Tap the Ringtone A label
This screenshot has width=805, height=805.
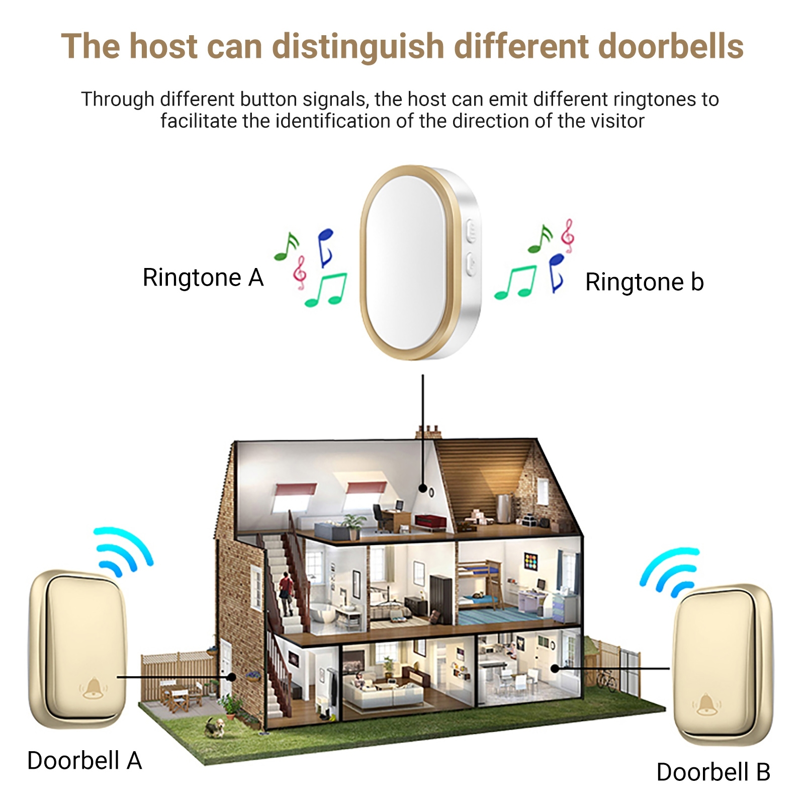[203, 278]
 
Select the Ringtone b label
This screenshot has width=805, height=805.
[644, 282]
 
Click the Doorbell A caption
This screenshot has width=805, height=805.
[84, 760]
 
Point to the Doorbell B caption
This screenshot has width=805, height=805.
[713, 772]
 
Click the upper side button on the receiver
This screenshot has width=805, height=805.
[472, 232]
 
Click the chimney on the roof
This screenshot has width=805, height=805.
[428, 432]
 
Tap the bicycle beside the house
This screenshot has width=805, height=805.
[607, 679]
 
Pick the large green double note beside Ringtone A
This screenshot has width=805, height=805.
[327, 290]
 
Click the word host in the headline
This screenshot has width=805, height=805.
[163, 46]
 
